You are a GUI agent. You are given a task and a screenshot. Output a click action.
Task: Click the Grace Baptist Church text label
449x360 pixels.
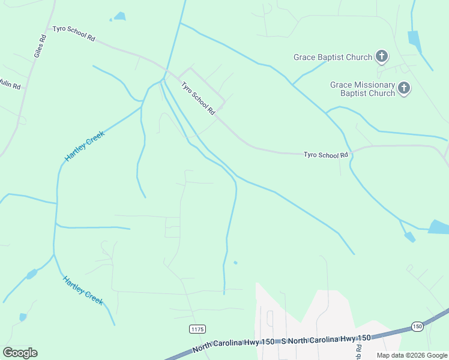click(333, 58)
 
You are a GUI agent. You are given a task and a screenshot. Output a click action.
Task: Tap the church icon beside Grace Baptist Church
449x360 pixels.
click(381, 58)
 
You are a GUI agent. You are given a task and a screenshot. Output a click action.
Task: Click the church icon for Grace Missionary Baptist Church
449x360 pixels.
click(405, 89)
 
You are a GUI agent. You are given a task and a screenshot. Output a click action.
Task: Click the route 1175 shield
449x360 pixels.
click(197, 329)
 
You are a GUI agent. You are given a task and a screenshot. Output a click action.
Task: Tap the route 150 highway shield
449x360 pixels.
click(417, 326)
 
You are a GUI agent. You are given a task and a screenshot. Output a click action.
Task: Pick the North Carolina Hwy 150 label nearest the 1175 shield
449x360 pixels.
click(234, 346)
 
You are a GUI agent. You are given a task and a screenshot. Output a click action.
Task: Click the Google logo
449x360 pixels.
click(20, 353)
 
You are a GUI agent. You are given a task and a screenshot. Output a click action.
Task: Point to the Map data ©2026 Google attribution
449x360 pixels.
click(412, 355)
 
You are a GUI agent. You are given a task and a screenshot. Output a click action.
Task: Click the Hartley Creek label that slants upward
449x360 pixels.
click(85, 146)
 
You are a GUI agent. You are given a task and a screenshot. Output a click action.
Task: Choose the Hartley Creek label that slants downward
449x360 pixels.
click(83, 289)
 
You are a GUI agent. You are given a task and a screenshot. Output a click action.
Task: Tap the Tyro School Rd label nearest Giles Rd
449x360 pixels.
click(74, 33)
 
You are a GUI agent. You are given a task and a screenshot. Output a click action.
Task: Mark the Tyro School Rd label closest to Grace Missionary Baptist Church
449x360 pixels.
click(325, 155)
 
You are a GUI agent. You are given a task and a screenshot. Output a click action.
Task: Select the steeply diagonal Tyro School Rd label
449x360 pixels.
click(198, 98)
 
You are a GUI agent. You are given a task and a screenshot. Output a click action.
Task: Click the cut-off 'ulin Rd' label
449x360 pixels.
click(10, 85)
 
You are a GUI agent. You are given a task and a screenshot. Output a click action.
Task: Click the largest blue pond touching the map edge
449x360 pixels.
click(439, 227)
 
